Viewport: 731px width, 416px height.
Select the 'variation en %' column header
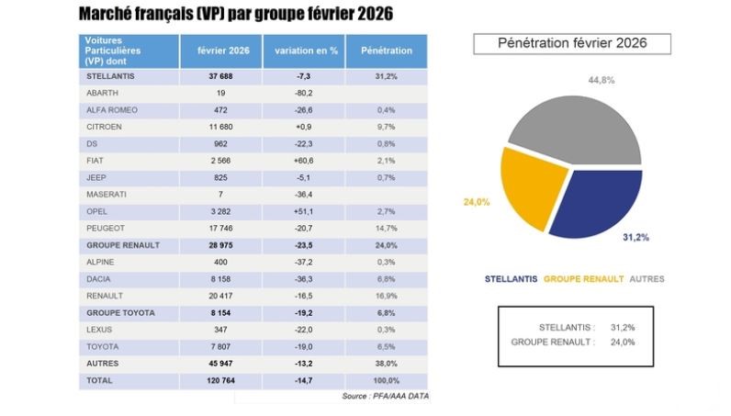301,51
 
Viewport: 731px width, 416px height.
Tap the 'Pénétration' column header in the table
386,51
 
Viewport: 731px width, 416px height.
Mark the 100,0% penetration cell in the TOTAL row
386,378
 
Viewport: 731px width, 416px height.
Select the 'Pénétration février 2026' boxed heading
571,43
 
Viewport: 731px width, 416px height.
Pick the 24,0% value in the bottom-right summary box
622,342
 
